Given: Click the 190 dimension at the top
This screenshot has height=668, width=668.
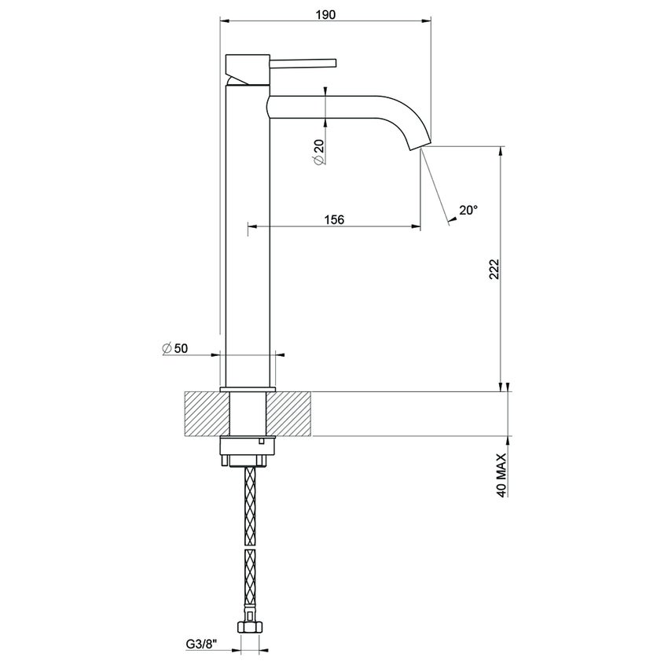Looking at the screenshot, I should tap(324, 13).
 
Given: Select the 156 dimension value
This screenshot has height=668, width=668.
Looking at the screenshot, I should tap(335, 219).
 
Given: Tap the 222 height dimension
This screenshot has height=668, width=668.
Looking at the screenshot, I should tap(494, 270).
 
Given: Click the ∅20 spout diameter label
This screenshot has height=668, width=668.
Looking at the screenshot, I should tap(319, 151).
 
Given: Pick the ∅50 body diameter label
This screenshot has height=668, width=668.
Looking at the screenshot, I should tap(175, 347).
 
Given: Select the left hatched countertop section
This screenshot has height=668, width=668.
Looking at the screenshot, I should tap(207, 413).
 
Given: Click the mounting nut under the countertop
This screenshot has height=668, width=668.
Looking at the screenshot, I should tap(249, 450).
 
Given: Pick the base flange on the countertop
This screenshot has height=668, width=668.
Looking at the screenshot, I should tap(248, 389).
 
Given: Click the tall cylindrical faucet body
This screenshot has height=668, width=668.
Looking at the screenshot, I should tap(248, 236).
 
